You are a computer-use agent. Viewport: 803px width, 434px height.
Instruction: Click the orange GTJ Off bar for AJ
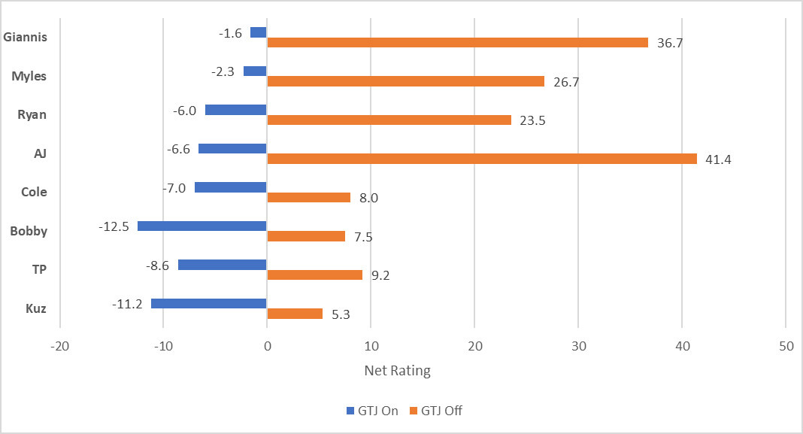click(482, 159)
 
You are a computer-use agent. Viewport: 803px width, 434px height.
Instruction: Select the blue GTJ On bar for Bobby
click(202, 226)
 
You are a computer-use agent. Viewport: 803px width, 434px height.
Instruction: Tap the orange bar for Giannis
click(457, 43)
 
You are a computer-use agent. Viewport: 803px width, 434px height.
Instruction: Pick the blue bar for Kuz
click(209, 303)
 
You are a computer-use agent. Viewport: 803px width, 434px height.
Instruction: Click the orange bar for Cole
click(308, 197)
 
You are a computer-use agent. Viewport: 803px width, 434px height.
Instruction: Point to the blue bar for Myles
click(255, 71)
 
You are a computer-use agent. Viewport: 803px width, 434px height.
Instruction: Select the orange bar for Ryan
click(389, 120)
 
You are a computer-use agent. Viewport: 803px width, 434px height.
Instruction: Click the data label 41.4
click(718, 159)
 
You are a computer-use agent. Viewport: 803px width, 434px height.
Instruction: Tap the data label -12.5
click(115, 226)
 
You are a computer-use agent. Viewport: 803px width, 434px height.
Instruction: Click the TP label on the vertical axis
click(38, 269)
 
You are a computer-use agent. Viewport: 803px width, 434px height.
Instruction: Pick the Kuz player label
click(36, 308)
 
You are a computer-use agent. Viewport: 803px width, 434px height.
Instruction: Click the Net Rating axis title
click(398, 371)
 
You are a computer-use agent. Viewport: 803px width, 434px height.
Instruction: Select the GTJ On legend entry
click(371, 411)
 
